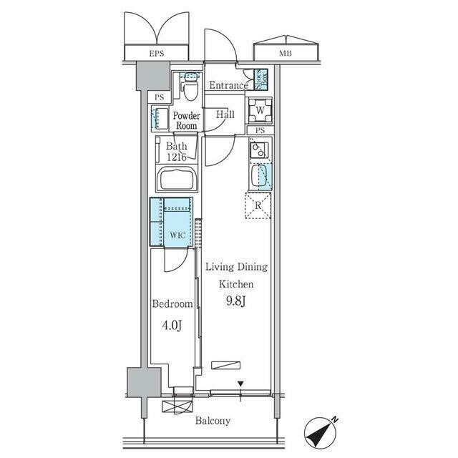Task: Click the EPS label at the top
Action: tap(157, 54)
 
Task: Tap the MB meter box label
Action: tap(285, 54)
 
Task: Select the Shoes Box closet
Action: tap(260, 79)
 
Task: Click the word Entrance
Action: tap(228, 85)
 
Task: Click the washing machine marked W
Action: tap(260, 110)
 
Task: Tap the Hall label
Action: tap(225, 114)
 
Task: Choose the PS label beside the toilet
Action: tap(159, 97)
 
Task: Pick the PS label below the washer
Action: tap(260, 130)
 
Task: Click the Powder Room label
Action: tap(187, 121)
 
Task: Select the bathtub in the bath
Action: tap(177, 178)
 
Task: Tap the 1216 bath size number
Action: tap(177, 157)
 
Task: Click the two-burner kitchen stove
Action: tap(259, 150)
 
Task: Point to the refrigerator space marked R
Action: tap(258, 205)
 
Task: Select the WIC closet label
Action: tap(177, 235)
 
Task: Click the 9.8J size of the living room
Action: tap(235, 301)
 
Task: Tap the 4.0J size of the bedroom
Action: tap(172, 325)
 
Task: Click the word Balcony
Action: tap(213, 421)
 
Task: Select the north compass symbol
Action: tap(321, 433)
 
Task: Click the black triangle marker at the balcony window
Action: tap(240, 384)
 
